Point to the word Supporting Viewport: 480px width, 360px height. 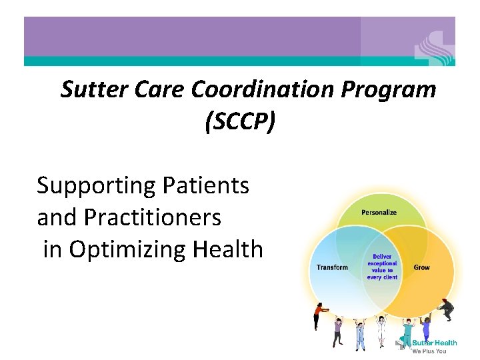pyautogui.click(x=97, y=186)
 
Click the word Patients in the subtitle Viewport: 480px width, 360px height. pyautogui.click(x=206, y=186)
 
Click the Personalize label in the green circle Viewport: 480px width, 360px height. pyautogui.click(x=379, y=213)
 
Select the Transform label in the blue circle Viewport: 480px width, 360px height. pyautogui.click(x=332, y=267)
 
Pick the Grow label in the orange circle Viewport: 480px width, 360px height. pyautogui.click(x=421, y=267)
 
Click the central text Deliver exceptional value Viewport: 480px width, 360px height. pyautogui.click(x=382, y=266)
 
